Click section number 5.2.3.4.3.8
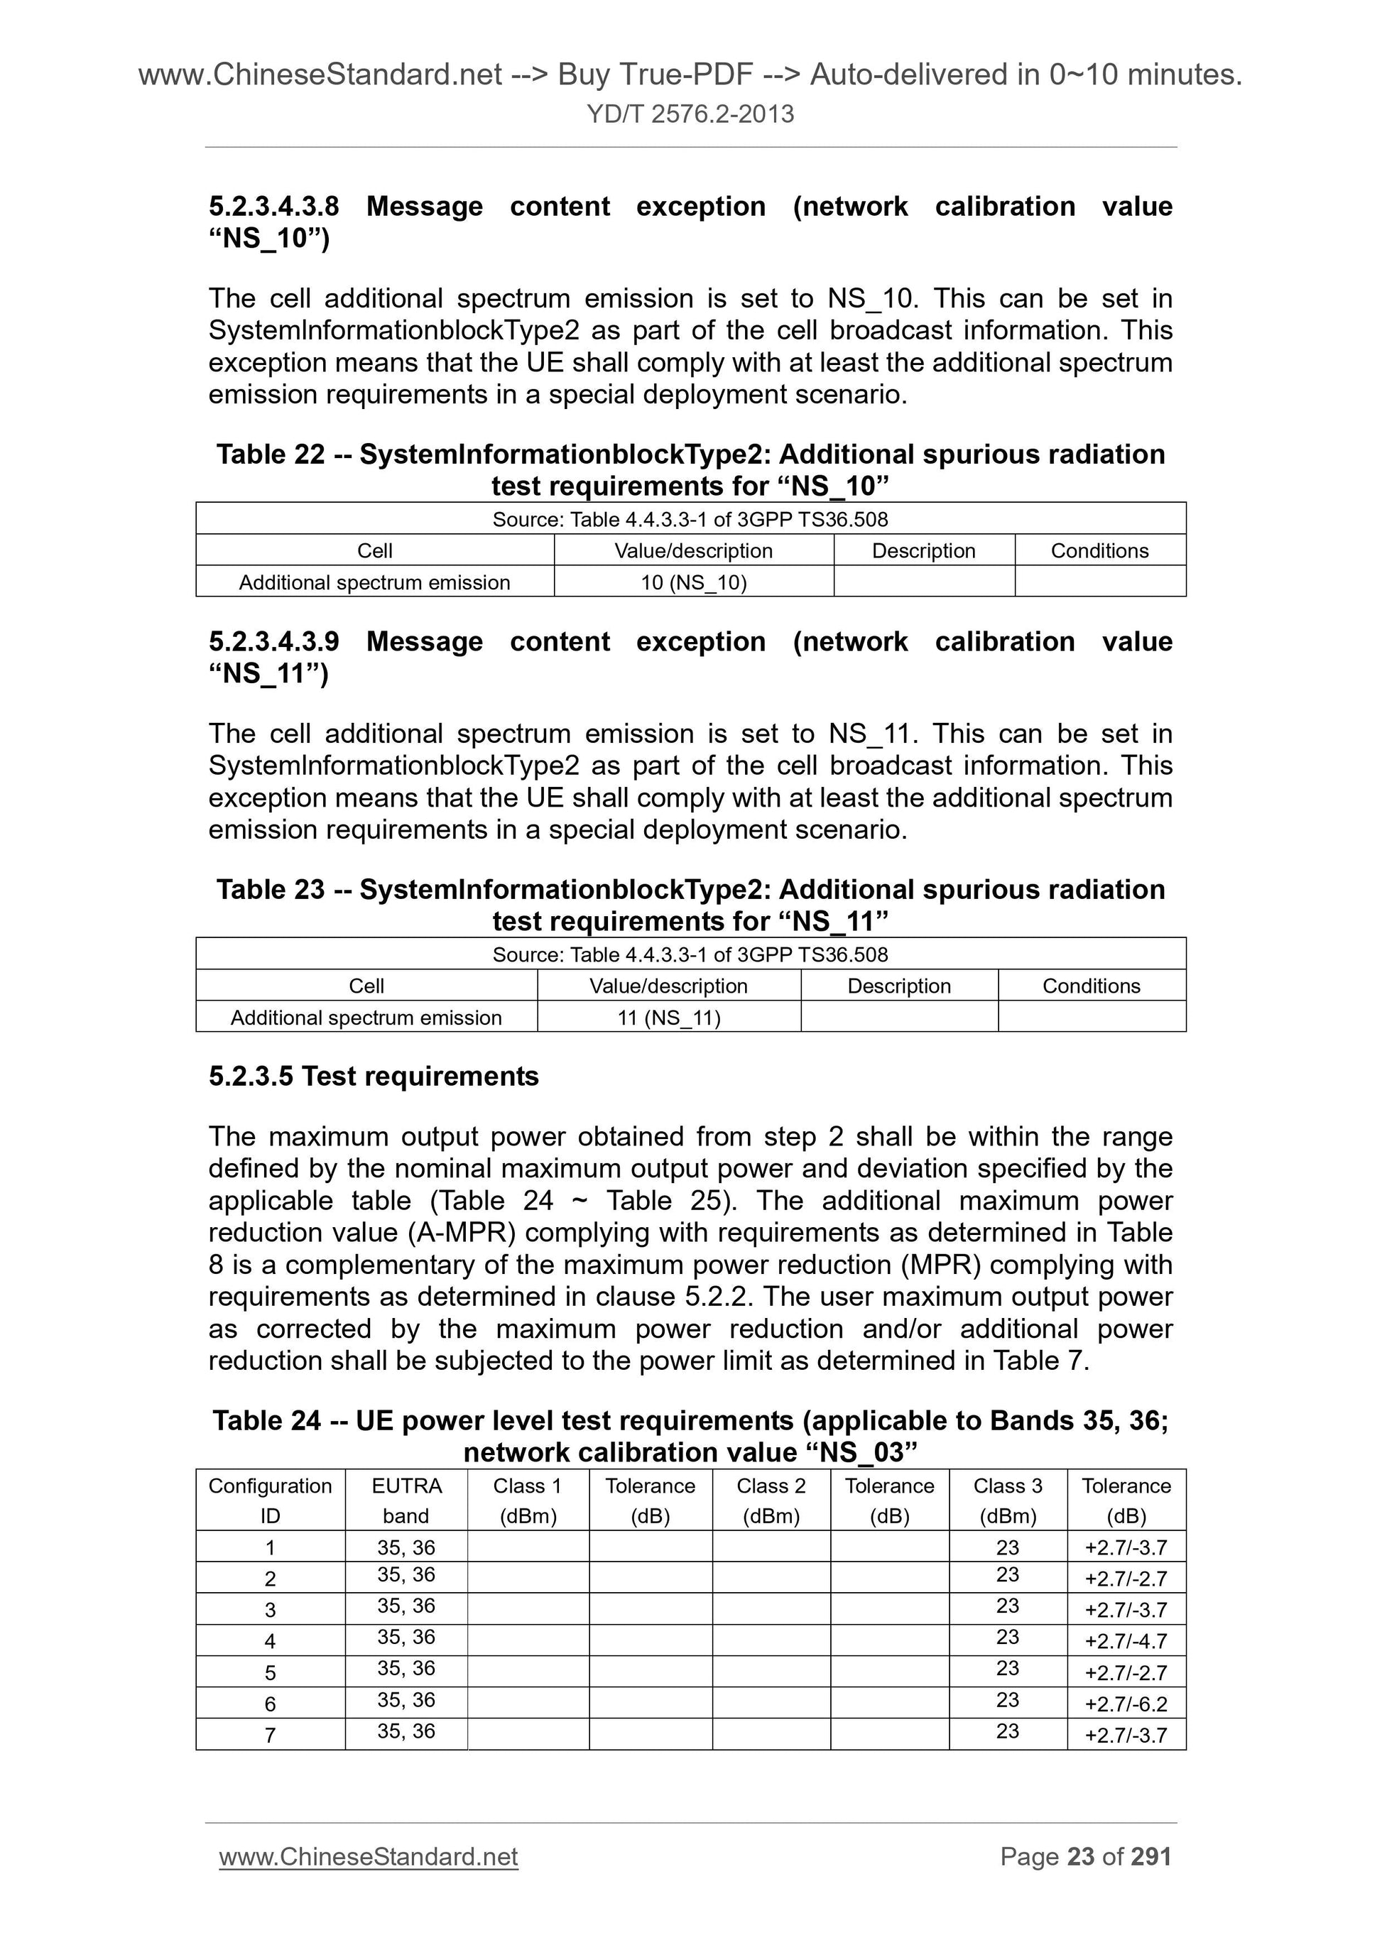click(x=273, y=207)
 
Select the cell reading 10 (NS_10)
click(x=693, y=582)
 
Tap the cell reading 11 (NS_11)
click(x=668, y=1018)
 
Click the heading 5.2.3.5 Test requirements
click(x=373, y=1077)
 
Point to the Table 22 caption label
click(x=270, y=454)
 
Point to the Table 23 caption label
click(x=270, y=890)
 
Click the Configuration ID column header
click(x=270, y=1501)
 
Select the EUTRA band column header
click(x=406, y=1501)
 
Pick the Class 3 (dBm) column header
click(x=1007, y=1501)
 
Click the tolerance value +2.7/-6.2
click(x=1126, y=1704)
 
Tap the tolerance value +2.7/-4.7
click(x=1126, y=1641)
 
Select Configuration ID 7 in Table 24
click(x=270, y=1736)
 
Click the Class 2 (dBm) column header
click(x=771, y=1501)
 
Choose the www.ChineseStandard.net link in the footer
click(x=368, y=1857)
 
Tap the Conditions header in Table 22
click(x=1099, y=551)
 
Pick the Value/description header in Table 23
click(x=668, y=986)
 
